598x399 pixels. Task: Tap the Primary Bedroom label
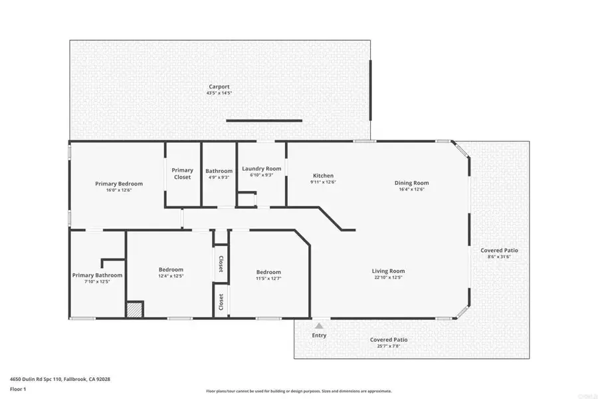click(x=119, y=184)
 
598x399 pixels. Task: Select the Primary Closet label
click(x=183, y=174)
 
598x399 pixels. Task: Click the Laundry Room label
click(x=262, y=169)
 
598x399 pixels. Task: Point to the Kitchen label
click(x=323, y=176)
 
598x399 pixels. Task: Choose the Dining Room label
click(x=412, y=183)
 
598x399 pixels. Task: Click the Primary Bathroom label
click(x=98, y=275)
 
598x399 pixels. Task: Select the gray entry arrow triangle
click(x=319, y=326)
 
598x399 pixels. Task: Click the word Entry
click(x=319, y=336)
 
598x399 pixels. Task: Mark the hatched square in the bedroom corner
click(x=135, y=310)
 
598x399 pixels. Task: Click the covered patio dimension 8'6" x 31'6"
click(x=499, y=257)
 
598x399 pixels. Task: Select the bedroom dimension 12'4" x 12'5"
click(x=171, y=276)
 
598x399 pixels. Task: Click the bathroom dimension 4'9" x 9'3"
click(x=219, y=178)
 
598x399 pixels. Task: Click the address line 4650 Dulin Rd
click(x=59, y=380)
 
